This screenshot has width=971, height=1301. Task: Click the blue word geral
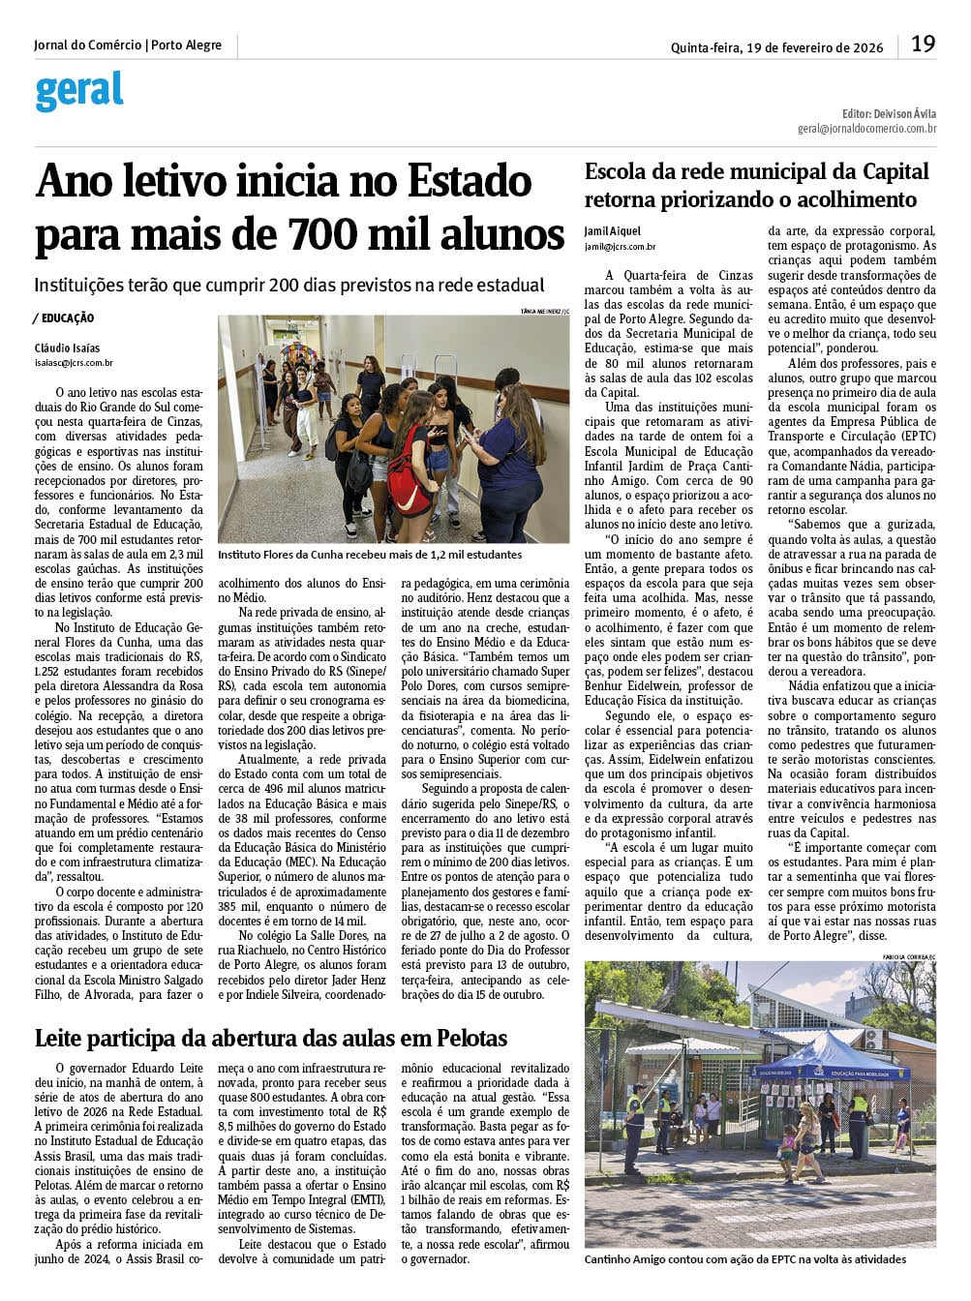(79, 91)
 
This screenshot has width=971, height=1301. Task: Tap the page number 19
(923, 44)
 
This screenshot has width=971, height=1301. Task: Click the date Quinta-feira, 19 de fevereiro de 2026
(776, 47)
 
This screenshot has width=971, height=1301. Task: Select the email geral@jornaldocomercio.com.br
(866, 128)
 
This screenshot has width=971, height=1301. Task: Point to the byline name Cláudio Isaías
(67, 348)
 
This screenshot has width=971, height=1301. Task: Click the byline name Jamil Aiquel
(613, 231)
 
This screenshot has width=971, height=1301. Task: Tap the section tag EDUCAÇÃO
(68, 318)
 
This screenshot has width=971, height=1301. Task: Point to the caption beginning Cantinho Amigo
(745, 1259)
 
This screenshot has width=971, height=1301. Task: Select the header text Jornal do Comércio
(87, 45)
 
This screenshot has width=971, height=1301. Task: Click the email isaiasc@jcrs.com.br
(74, 364)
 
